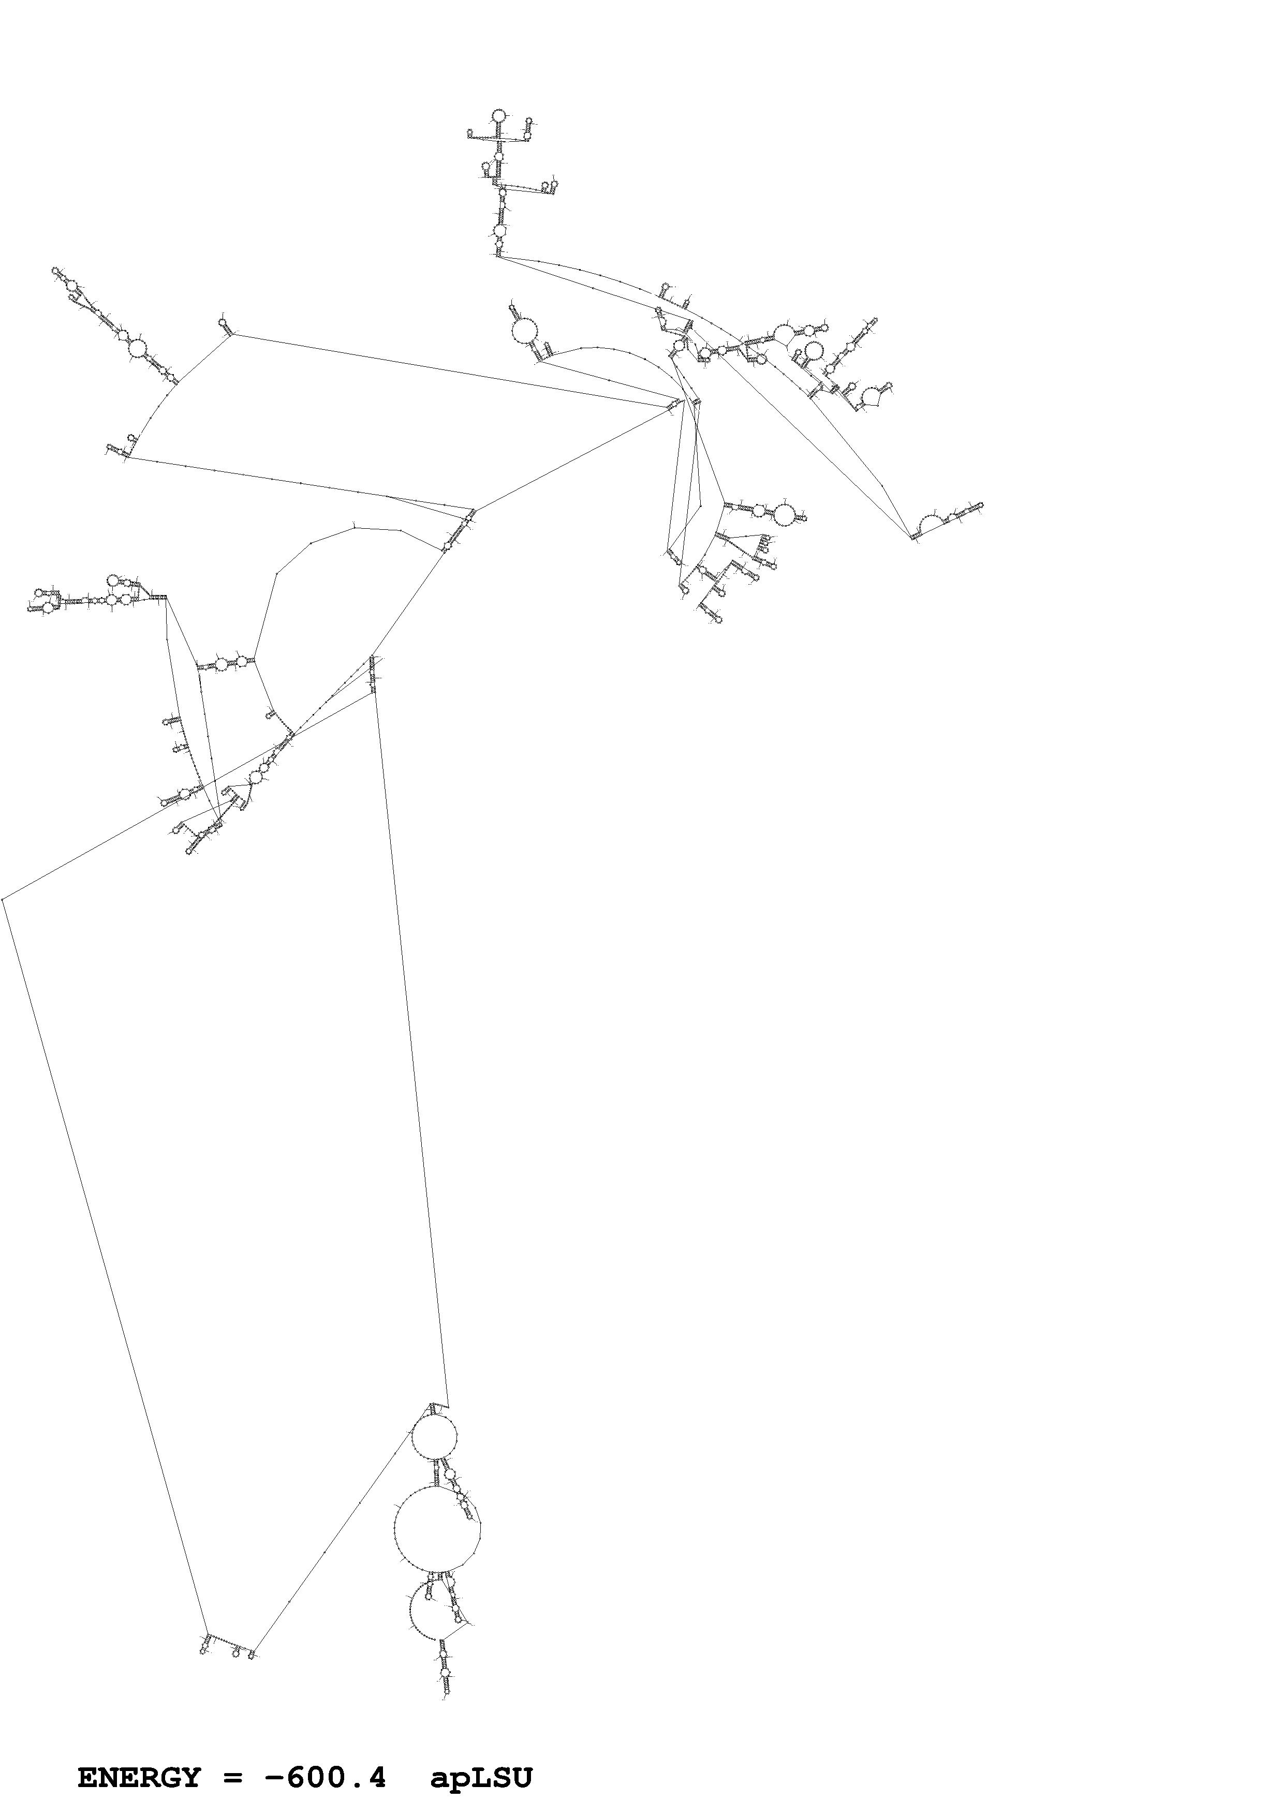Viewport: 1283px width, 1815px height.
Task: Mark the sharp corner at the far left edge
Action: (3, 899)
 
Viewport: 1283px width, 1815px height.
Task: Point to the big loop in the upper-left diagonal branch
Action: (137, 348)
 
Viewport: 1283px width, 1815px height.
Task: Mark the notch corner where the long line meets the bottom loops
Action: (448, 1407)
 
